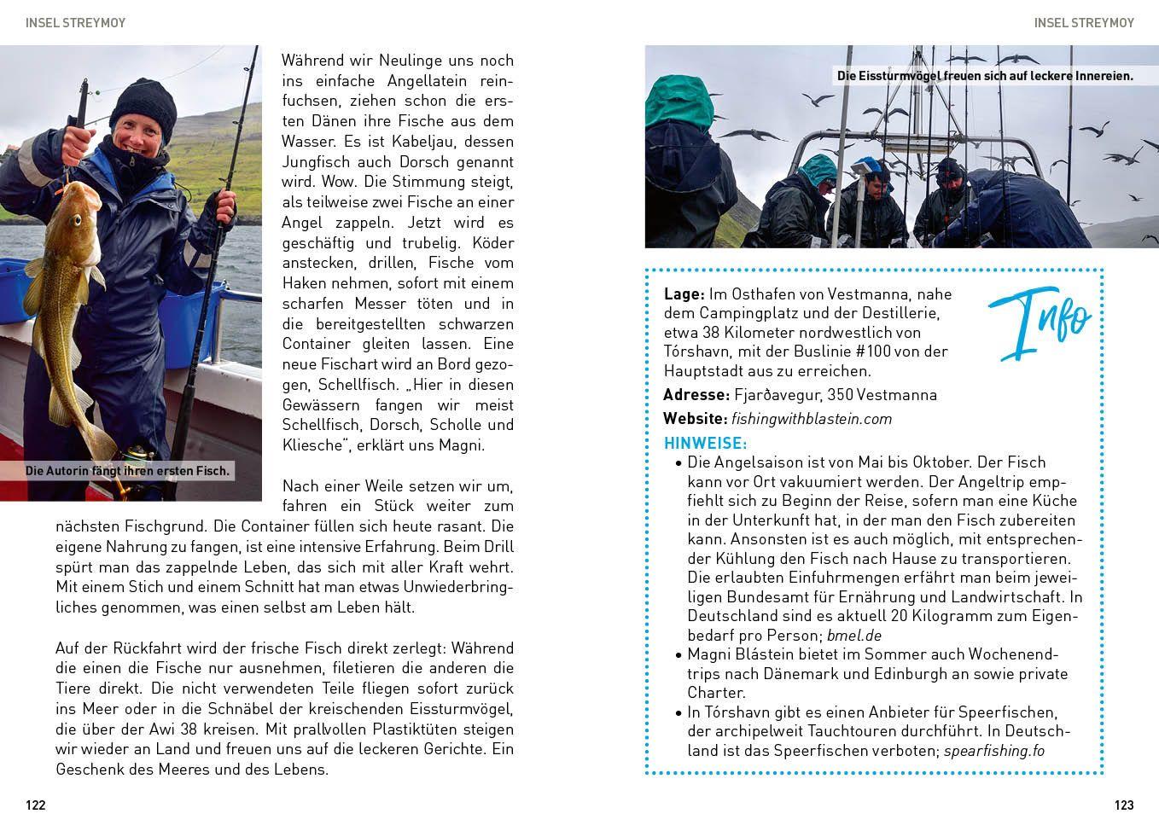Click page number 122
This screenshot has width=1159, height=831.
35,805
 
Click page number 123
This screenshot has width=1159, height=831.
1124,805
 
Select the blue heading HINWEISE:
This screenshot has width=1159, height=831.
705,443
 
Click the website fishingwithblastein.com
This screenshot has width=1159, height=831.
811,419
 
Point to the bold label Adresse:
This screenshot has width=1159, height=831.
696,395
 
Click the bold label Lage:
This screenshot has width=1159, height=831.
684,293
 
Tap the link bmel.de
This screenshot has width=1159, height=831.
854,636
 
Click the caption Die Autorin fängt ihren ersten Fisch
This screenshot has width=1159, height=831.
127,470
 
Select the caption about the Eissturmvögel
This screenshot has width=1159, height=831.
985,76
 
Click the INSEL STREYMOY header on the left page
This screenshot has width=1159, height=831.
75,23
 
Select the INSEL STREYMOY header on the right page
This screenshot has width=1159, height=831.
1084,23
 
